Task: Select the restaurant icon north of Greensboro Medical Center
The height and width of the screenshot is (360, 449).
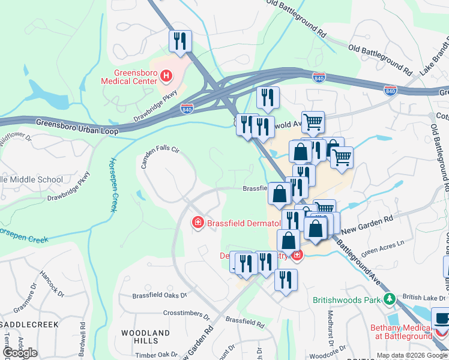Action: click(180, 41)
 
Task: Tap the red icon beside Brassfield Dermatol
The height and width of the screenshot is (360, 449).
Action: click(197, 223)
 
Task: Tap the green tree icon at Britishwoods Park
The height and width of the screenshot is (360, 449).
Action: click(389, 298)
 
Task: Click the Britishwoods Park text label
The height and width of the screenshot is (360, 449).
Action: click(347, 299)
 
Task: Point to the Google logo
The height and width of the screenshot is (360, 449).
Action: click(20, 353)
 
